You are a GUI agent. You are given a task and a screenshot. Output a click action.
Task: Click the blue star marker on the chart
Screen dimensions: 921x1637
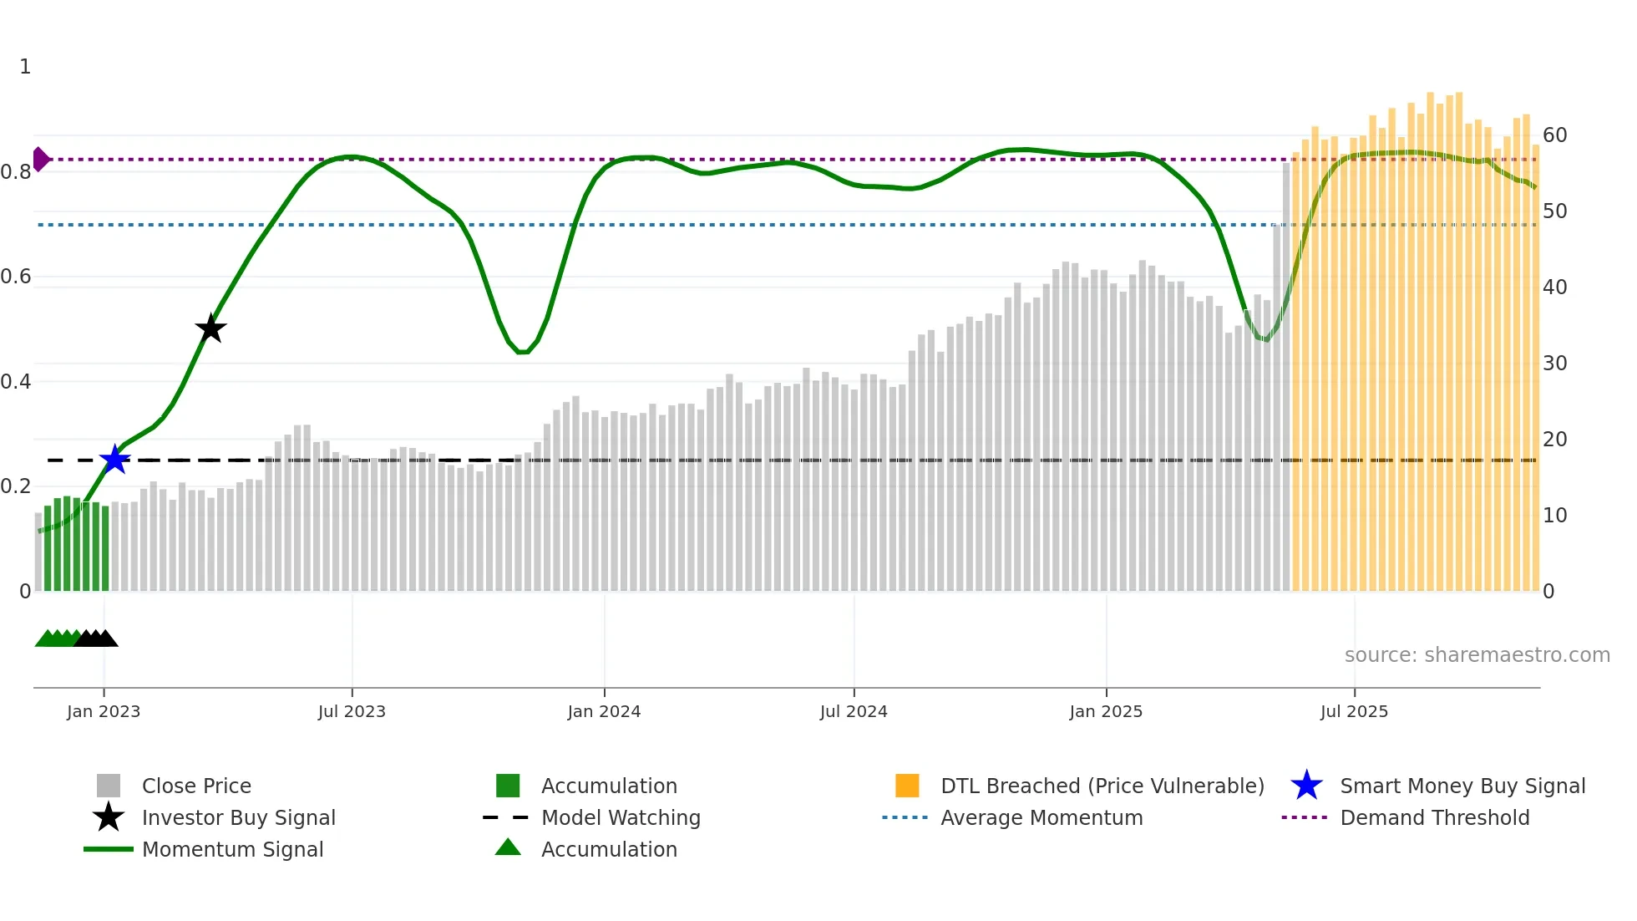click(x=115, y=460)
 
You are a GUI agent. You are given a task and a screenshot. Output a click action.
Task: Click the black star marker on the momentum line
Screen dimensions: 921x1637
click(x=210, y=328)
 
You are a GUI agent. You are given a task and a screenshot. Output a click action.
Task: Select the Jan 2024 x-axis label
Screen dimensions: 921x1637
click(x=604, y=712)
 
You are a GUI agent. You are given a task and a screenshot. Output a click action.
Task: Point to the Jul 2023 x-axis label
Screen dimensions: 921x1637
click(x=352, y=712)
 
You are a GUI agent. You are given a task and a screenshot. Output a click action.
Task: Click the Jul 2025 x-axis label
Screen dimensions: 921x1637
click(x=1354, y=712)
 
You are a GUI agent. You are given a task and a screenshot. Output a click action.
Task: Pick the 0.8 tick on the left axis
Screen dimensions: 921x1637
click(x=17, y=172)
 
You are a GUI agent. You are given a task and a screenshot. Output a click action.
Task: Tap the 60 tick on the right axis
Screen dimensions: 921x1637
click(x=1554, y=135)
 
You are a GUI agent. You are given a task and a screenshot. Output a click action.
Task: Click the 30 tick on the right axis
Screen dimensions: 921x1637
click(x=1554, y=364)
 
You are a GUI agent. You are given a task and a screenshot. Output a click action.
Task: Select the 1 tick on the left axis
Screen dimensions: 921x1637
click(x=25, y=67)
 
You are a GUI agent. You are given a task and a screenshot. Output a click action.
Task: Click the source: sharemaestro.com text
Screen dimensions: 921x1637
click(x=1477, y=655)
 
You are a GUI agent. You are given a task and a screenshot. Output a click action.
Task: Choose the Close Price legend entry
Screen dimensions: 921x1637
click(x=196, y=786)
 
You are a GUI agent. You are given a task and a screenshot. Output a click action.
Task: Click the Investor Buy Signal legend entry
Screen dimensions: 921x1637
click(x=238, y=818)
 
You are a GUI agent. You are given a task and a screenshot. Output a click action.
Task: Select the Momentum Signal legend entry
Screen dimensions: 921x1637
click(x=232, y=850)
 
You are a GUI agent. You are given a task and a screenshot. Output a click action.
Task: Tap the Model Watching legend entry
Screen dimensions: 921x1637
click(x=621, y=818)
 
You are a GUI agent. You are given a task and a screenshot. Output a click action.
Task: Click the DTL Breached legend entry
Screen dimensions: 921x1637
click(x=1102, y=786)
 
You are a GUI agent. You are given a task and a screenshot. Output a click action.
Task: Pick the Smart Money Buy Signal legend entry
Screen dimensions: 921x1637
click(x=1462, y=786)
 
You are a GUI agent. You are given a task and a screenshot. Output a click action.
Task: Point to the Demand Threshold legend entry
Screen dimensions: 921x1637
click(x=1434, y=818)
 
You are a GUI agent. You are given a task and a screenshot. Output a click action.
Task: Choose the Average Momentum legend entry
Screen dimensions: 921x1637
click(x=1041, y=818)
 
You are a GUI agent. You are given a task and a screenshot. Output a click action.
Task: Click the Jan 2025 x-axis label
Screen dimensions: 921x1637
click(x=1106, y=712)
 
